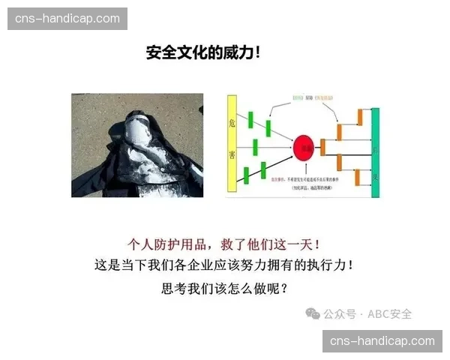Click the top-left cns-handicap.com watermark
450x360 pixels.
pos(67,18)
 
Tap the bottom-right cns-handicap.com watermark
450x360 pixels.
pos(382,341)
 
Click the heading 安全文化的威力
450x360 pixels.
pos(203,54)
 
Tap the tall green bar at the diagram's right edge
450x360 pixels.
pos(375,152)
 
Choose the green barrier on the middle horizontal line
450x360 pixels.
pos(256,145)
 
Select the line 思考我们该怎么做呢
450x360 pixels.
pos(224,287)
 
